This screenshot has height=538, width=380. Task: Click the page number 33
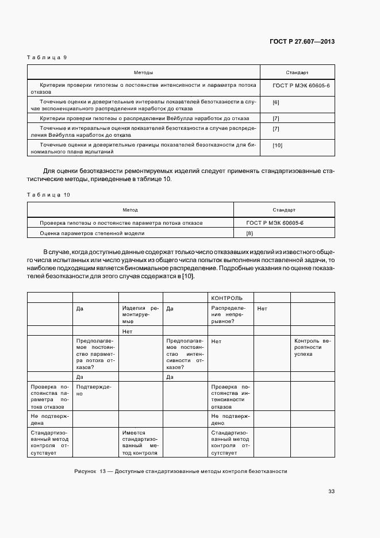pos(331,491)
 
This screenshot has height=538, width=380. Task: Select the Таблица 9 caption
pos(48,57)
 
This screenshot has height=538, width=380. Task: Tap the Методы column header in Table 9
pos(143,73)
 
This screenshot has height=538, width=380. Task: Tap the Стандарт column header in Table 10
pos(283,210)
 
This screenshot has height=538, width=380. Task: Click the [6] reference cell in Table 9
pos(276,102)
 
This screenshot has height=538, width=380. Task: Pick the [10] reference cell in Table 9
pos(277,145)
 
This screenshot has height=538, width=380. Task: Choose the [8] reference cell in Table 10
pos(250,233)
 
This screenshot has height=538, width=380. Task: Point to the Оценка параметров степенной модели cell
pos(92,233)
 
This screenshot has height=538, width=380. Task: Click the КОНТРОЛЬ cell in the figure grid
pos(227,298)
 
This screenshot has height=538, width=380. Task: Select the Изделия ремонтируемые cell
pos(140,316)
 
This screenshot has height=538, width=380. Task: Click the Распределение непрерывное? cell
pos(231,316)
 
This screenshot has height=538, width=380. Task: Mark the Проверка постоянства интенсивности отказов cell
pos(231,396)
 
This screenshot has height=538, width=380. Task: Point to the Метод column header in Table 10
pos(130,210)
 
